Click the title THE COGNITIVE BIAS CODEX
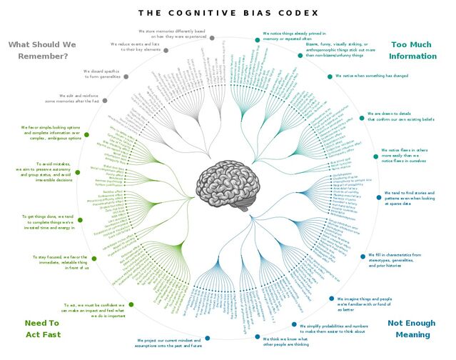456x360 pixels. [x=227, y=12]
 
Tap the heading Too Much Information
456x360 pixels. [x=412, y=50]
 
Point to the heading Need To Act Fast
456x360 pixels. [x=41, y=329]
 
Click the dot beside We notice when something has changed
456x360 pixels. [x=331, y=75]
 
